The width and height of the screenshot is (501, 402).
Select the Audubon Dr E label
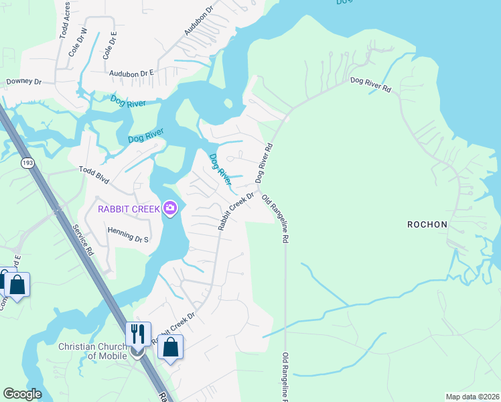click(132, 72)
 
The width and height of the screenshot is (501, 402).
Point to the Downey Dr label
click(23, 82)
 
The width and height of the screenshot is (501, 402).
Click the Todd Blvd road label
click(94, 172)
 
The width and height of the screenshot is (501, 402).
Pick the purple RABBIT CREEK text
click(129, 208)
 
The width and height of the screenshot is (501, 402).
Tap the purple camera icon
click(170, 208)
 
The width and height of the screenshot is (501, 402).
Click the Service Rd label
click(84, 238)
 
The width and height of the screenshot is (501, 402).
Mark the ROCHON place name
click(427, 224)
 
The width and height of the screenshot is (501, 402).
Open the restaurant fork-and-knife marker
click(139, 334)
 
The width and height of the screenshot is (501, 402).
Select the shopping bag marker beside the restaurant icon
click(170, 347)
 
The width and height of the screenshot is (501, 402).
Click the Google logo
click(22, 394)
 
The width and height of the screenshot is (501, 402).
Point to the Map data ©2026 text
click(472, 397)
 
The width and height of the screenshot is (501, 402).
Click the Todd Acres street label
click(65, 22)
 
